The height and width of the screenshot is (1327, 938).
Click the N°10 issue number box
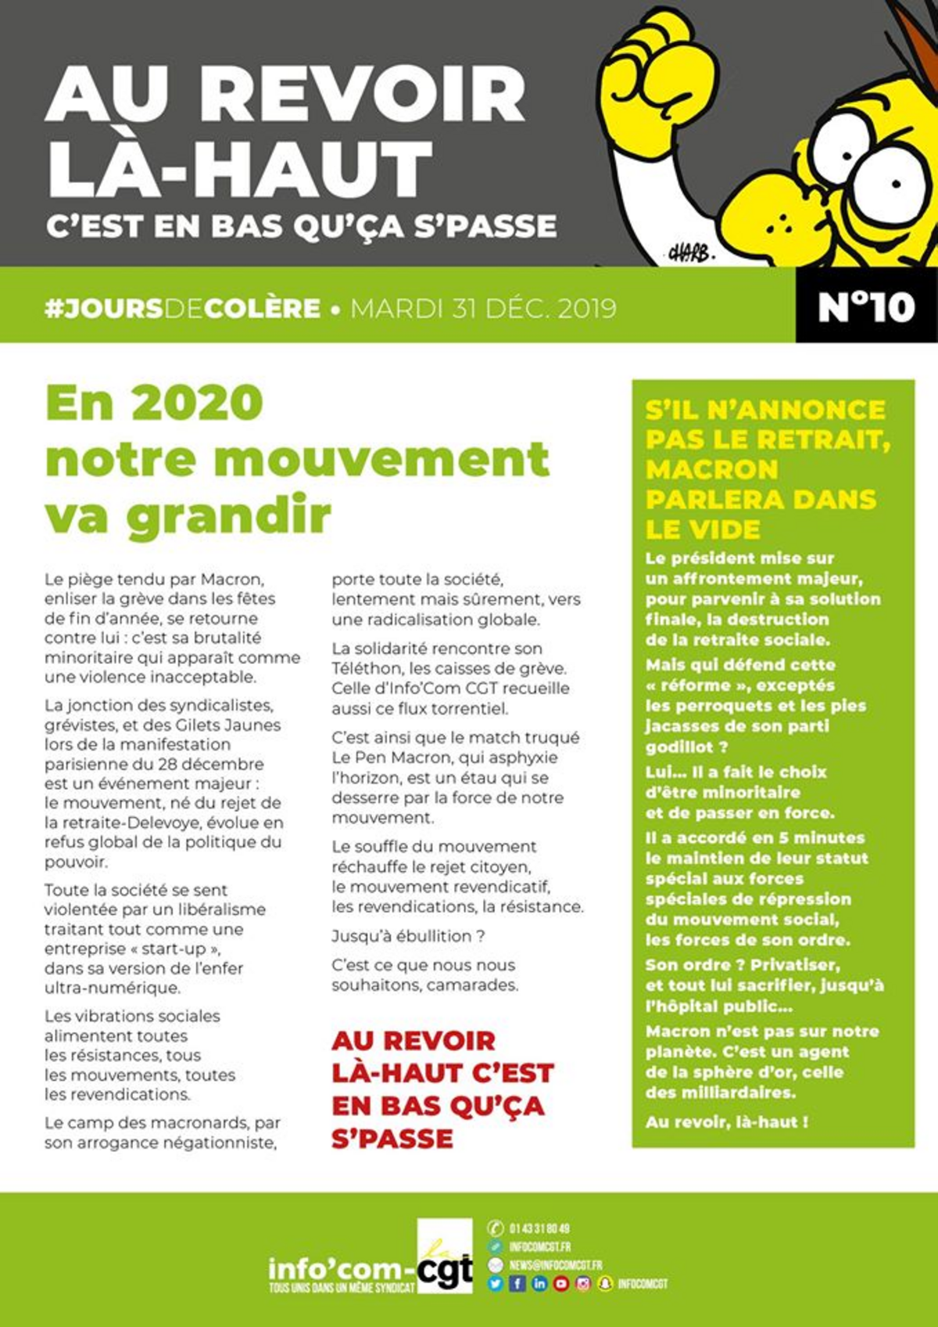(866, 307)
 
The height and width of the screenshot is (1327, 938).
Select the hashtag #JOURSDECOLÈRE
(183, 308)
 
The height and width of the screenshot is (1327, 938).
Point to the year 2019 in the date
(587, 308)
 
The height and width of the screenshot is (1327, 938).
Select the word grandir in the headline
(229, 517)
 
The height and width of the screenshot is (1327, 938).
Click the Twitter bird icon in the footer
(495, 1283)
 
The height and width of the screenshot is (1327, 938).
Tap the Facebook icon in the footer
(517, 1283)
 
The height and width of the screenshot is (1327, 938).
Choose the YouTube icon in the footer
(561, 1283)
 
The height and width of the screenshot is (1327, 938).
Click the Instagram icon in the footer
(583, 1283)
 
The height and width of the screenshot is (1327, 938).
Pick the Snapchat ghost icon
(605, 1283)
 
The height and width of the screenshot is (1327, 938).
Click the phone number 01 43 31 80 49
(539, 1228)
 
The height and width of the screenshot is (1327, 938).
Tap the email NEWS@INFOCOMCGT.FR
(556, 1264)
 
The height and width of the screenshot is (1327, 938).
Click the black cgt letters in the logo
(445, 1271)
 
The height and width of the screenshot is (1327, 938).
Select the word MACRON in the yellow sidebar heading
(711, 469)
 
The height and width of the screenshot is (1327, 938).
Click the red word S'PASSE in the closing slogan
(392, 1139)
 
